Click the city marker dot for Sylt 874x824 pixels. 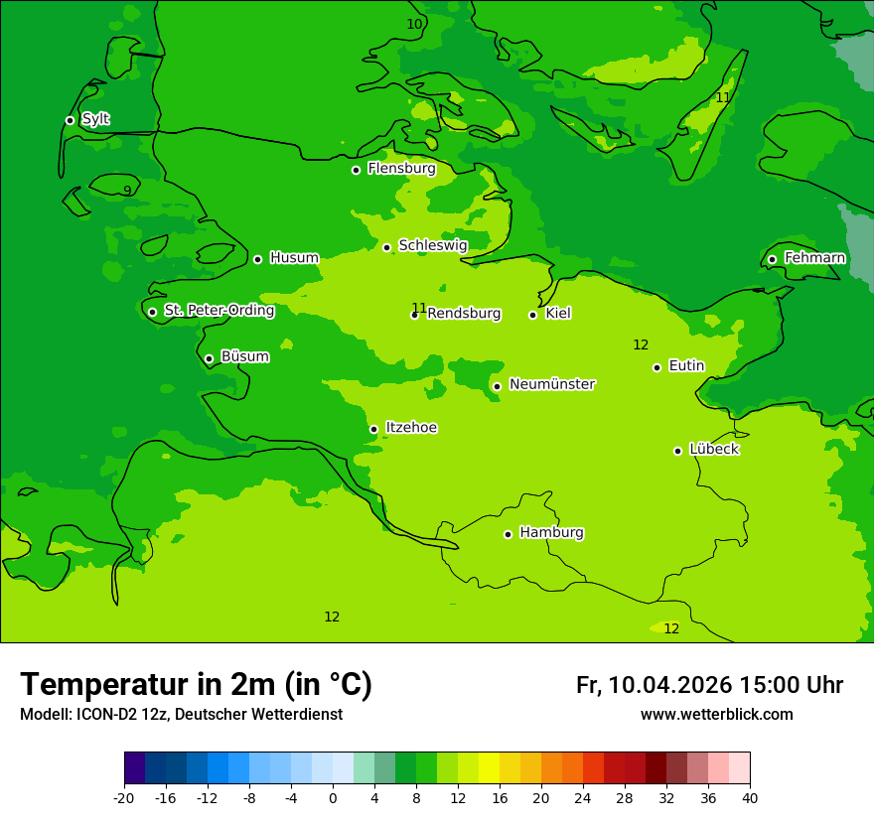click(70, 120)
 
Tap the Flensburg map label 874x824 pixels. click(401, 169)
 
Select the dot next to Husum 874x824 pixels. click(257, 259)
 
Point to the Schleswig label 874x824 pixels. click(432, 245)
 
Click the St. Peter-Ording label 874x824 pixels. click(218, 311)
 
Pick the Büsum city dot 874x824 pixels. click(209, 358)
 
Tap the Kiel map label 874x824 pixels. click(558, 314)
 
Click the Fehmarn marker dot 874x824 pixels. click(772, 259)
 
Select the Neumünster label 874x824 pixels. click(551, 384)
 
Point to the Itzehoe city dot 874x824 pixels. click(373, 429)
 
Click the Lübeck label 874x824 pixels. click(713, 450)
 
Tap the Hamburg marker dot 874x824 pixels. click(508, 534)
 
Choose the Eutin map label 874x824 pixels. click(686, 366)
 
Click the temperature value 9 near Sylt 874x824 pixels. click(127, 191)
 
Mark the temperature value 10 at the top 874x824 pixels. click(414, 24)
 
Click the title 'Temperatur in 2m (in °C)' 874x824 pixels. click(196, 684)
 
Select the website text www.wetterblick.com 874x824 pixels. click(716, 715)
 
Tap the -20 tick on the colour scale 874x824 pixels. click(124, 798)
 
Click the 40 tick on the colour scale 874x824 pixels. click(749, 798)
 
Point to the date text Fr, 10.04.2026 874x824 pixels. click(654, 685)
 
